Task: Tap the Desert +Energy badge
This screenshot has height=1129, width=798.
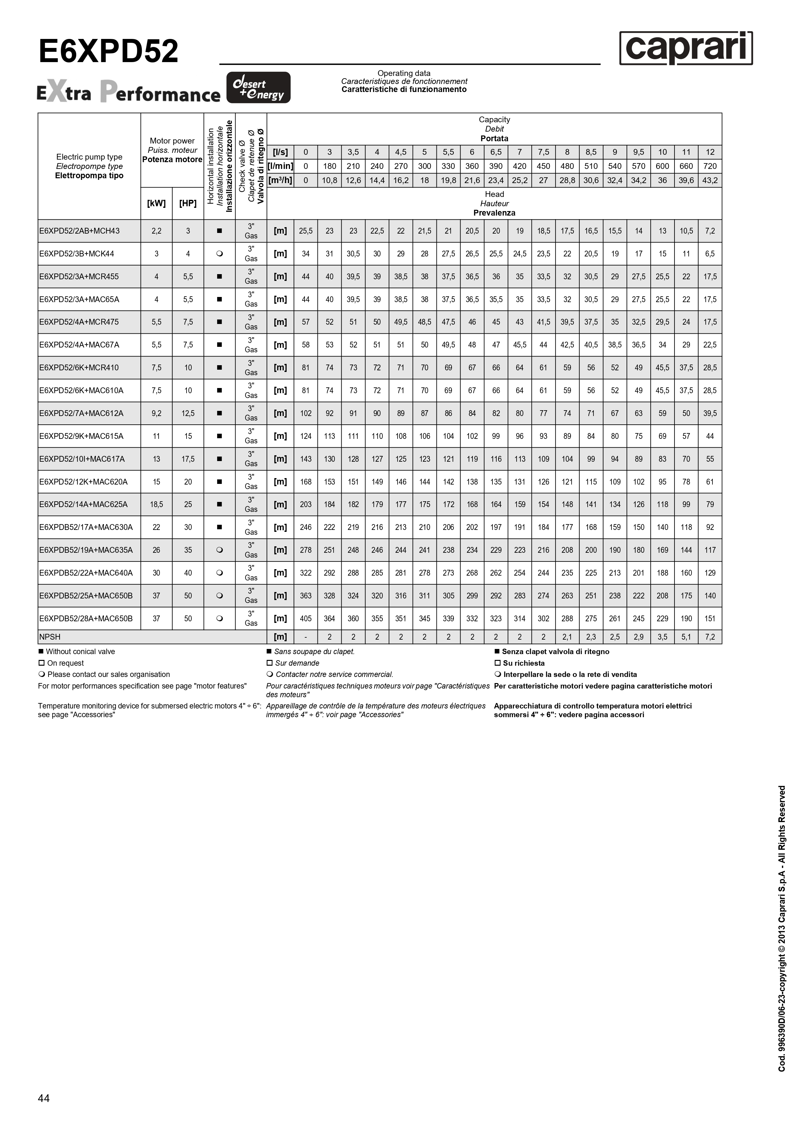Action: click(258, 88)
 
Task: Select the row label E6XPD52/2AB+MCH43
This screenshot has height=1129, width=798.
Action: click(80, 231)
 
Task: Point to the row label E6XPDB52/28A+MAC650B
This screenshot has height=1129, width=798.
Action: click(86, 618)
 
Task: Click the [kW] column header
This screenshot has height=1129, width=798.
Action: click(156, 203)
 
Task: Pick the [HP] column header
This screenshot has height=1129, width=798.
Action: click(188, 203)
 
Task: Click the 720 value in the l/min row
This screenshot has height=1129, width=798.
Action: click(710, 166)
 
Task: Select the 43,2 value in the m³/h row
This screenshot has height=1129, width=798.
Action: click(710, 180)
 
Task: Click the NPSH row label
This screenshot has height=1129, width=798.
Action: click(50, 637)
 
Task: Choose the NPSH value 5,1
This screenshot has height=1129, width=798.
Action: click(686, 637)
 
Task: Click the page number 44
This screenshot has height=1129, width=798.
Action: click(44, 1098)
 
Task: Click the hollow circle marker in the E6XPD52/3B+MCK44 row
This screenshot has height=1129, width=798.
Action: click(219, 254)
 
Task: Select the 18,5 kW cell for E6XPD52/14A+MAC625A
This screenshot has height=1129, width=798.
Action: click(156, 504)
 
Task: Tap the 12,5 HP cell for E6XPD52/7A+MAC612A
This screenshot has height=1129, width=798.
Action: click(188, 413)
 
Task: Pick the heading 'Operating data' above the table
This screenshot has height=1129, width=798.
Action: click(404, 73)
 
